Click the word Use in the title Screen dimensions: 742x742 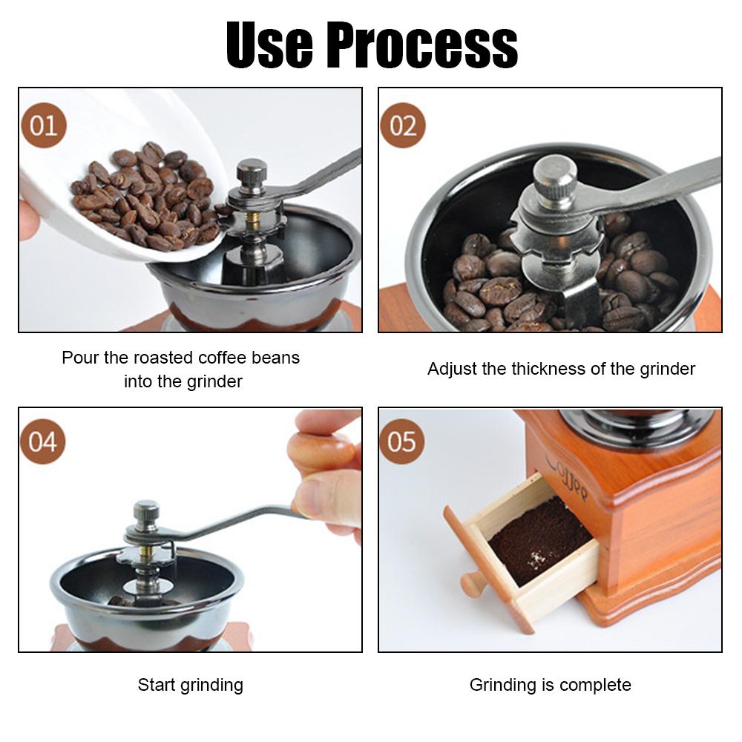pyautogui.click(x=269, y=45)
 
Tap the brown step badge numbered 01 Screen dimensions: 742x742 pyautogui.click(x=44, y=125)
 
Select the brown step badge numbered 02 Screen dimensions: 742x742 pyautogui.click(x=403, y=125)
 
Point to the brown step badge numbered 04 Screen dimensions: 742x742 pyautogui.click(x=42, y=441)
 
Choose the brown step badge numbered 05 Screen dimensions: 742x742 pyautogui.click(x=401, y=441)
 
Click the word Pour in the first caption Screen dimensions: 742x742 pyautogui.click(x=80, y=358)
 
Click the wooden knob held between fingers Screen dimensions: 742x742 pyautogui.click(x=322, y=453)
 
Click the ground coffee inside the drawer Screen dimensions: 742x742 pyautogui.click(x=540, y=539)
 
